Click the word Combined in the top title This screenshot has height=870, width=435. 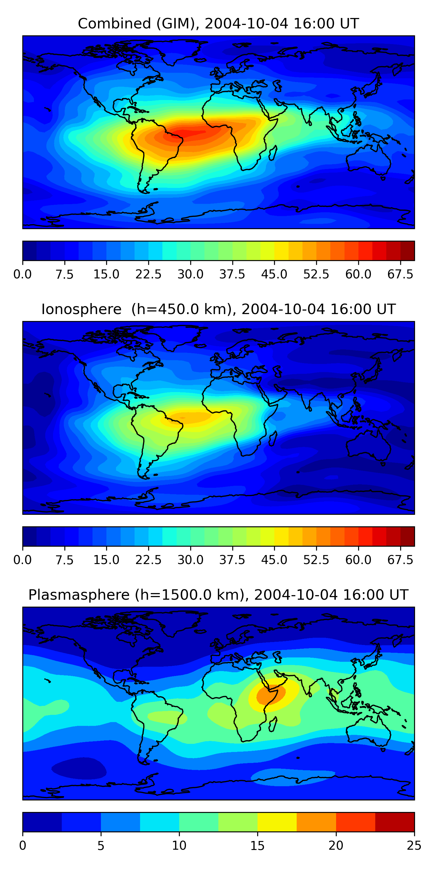(x=115, y=24)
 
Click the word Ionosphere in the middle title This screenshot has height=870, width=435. (x=81, y=309)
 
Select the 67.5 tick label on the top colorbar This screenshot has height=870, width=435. (x=400, y=274)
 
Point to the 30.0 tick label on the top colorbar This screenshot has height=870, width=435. (x=191, y=274)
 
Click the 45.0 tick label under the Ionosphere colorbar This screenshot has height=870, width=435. (x=274, y=560)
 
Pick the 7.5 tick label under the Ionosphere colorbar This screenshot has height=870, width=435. (x=64, y=560)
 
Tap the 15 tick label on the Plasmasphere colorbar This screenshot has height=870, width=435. (x=257, y=845)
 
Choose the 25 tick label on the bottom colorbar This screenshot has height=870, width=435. (x=414, y=845)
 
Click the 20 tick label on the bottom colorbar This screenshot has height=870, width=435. (x=336, y=845)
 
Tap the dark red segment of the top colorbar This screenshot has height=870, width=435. (x=407, y=251)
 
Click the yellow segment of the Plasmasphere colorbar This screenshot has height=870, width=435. (x=277, y=822)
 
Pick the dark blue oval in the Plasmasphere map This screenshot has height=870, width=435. (x=79, y=768)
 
